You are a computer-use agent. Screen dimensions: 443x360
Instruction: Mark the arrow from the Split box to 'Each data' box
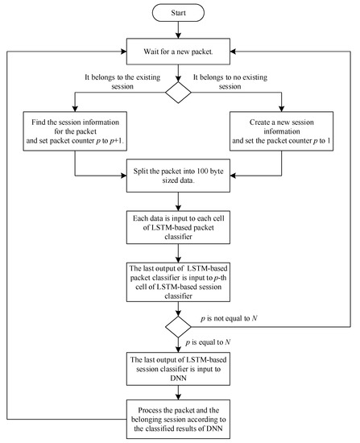[179, 200]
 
